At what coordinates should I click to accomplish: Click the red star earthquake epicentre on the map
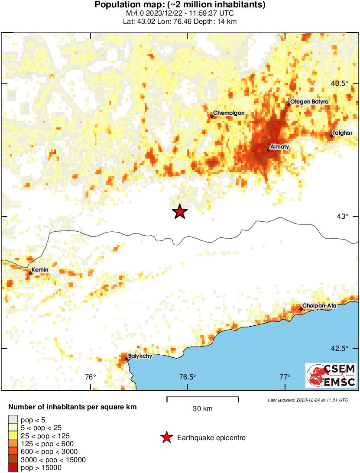click(179, 211)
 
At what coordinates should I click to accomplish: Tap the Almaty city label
click(280, 147)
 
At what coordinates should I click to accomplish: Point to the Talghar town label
click(342, 133)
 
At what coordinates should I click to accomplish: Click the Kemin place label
click(40, 270)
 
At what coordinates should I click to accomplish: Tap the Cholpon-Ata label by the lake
click(320, 306)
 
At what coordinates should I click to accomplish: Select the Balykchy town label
click(140, 356)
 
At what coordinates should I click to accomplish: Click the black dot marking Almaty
click(269, 150)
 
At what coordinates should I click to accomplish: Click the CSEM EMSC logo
click(331, 375)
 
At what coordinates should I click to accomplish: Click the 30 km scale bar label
click(202, 408)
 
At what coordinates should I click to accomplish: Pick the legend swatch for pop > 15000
click(13, 467)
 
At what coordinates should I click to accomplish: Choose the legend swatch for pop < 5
click(13, 420)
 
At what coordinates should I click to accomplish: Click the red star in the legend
click(166, 438)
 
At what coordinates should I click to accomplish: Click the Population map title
click(180, 5)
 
